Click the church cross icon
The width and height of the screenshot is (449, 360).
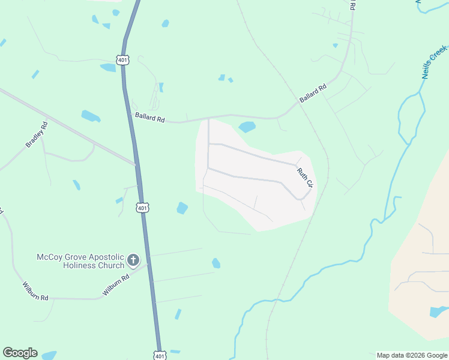(133, 260)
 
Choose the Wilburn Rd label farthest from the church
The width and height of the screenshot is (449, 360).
(35, 291)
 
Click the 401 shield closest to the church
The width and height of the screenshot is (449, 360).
(142, 208)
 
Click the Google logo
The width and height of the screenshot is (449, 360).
(20, 353)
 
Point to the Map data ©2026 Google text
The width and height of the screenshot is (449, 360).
(412, 355)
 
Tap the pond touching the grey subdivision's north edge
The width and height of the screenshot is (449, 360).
(247, 127)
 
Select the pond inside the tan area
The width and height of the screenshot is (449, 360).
(439, 311)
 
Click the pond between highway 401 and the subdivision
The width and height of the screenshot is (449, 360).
(182, 208)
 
